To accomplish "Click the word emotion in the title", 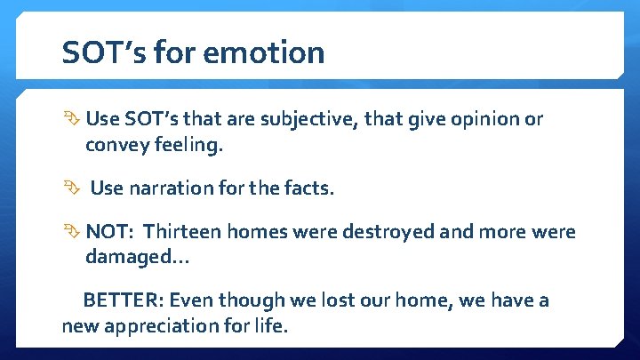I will click(x=264, y=53).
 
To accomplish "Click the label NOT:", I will click(x=108, y=232).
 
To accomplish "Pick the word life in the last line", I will click(x=270, y=325).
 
